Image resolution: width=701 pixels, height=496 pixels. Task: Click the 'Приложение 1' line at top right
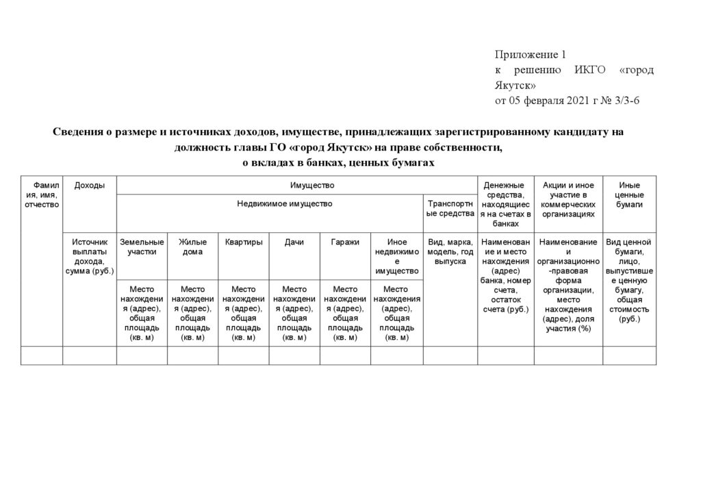click(x=531, y=55)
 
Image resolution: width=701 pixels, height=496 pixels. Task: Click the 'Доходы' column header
click(x=89, y=186)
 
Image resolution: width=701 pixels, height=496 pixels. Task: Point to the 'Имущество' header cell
click(x=311, y=185)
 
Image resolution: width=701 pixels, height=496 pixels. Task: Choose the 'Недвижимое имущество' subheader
click(x=284, y=203)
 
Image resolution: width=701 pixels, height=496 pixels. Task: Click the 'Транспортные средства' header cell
click(x=450, y=208)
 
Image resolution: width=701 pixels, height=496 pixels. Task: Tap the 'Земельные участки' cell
click(x=142, y=247)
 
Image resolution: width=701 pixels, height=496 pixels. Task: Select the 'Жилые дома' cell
click(x=192, y=247)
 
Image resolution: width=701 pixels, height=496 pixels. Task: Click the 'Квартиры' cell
click(x=243, y=242)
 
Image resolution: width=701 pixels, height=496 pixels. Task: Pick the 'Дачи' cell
click(x=294, y=242)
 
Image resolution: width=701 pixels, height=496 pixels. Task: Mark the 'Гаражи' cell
click(x=344, y=242)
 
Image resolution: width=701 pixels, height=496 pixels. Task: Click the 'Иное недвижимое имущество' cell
click(x=396, y=256)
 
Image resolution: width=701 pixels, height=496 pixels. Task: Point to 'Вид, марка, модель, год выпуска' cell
click(x=450, y=251)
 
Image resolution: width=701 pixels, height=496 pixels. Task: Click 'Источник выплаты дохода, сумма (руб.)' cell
click(x=90, y=256)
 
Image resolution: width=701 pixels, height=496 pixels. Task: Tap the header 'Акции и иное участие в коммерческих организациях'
click(x=568, y=199)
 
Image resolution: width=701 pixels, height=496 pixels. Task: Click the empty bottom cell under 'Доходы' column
click(x=90, y=356)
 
